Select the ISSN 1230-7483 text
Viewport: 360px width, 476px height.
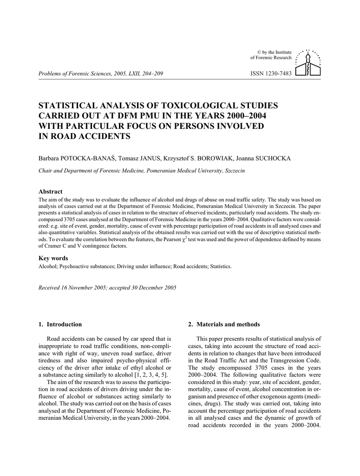(x=271, y=73)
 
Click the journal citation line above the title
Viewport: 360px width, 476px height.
(x=101, y=73)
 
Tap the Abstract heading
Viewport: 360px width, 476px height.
(x=50, y=192)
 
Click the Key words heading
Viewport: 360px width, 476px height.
(x=53, y=258)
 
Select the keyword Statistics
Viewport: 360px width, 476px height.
(x=220, y=267)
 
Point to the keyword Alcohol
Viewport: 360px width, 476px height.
(x=46, y=267)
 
